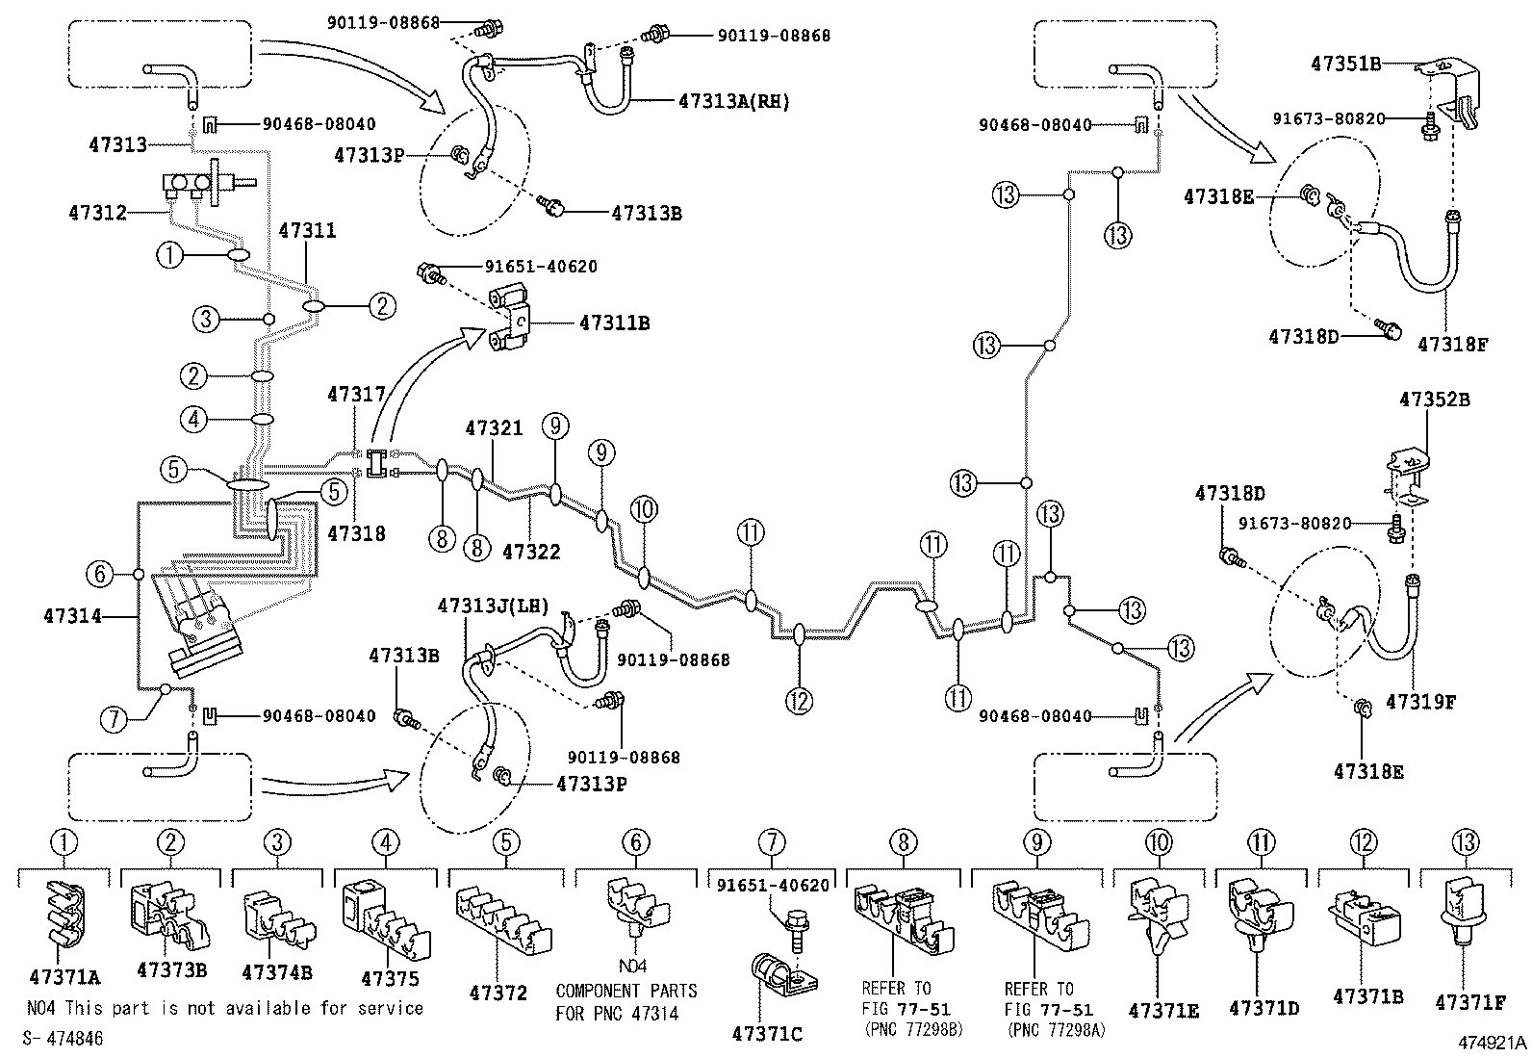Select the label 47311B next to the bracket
coord(614,323)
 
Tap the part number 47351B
coord(1345,65)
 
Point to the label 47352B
coord(1434,399)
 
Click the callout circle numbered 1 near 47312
coord(169,255)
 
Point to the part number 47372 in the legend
coord(498,993)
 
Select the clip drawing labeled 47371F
coord(1464,921)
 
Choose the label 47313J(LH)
coord(493,606)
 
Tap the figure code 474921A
coord(1491,1042)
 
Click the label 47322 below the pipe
coord(531,552)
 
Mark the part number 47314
coord(72,615)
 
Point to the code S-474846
coord(63,1040)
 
